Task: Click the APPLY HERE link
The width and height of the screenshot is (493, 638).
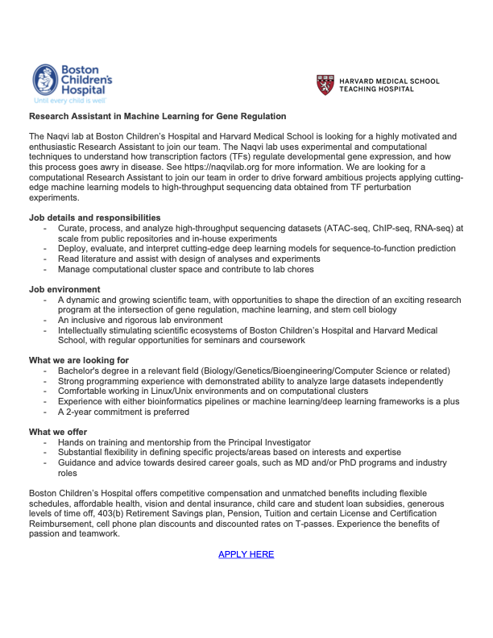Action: coord(246,554)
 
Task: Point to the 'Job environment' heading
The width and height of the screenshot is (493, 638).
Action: coord(64,289)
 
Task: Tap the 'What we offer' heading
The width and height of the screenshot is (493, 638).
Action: coord(60,432)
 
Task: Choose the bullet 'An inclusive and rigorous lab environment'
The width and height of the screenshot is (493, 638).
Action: coord(151,320)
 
